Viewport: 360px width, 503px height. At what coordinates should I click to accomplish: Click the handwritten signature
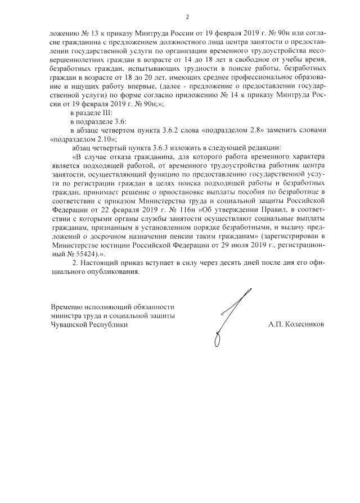point(228,315)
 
